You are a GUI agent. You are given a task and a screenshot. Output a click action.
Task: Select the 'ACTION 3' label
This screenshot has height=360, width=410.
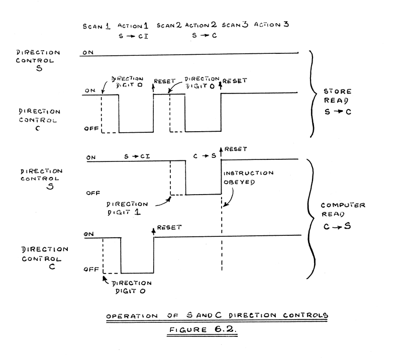pos(271,25)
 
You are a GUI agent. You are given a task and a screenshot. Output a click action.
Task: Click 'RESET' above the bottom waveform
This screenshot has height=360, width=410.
pos(169,228)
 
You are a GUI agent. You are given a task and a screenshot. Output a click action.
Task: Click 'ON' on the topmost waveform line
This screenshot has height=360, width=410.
pos(87,52)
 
